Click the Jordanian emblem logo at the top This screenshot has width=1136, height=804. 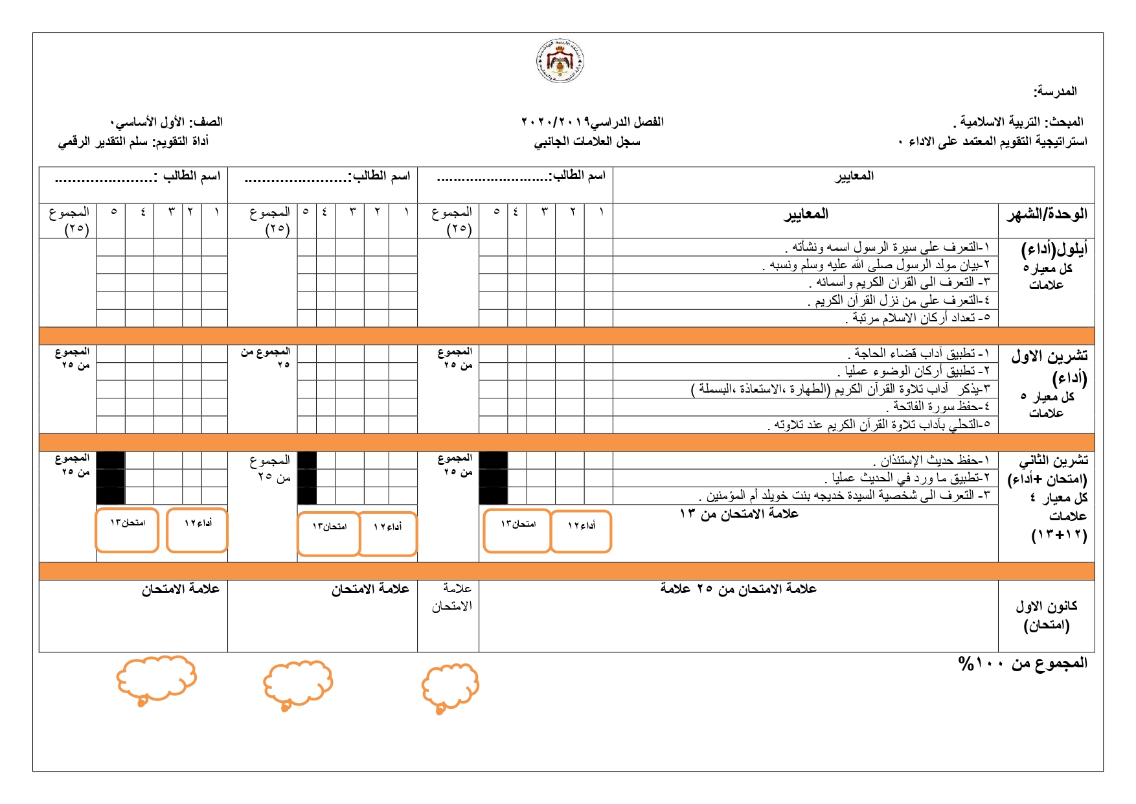click(560, 61)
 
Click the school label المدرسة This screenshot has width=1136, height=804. click(1055, 91)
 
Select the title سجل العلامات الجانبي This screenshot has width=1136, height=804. click(587, 141)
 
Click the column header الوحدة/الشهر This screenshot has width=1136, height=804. click(1046, 214)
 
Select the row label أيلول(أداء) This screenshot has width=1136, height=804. click(1054, 249)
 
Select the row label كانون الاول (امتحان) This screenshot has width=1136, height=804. click(1046, 615)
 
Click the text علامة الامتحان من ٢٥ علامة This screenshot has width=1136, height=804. click(738, 588)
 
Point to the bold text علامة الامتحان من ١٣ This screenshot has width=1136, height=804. click(739, 514)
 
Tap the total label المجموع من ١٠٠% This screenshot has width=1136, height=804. click(1023, 663)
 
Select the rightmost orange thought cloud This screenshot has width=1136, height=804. click(450, 687)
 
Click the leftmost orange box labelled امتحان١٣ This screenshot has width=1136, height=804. click(127, 531)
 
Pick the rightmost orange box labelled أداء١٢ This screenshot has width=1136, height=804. click(581, 531)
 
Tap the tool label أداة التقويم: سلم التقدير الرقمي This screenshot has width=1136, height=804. click(133, 141)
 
